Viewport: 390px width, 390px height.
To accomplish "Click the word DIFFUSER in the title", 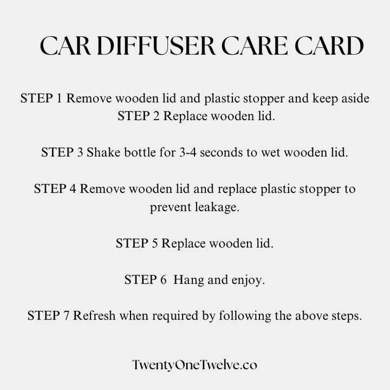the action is click(156, 45).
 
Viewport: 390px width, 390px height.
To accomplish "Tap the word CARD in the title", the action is click(329, 45).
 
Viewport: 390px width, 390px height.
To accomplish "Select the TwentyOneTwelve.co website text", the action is click(195, 365).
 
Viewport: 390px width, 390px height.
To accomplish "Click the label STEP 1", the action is click(41, 98).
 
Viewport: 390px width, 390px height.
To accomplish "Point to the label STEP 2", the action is click(138, 116).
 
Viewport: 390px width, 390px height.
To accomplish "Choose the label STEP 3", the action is click(62, 152).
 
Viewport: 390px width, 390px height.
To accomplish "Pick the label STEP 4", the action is click(55, 188).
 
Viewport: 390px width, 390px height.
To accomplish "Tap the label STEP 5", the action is click(137, 243).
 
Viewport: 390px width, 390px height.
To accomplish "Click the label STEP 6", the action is click(146, 279).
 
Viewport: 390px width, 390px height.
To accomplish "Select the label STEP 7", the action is click(48, 316).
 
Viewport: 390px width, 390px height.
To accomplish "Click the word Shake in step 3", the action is click(103, 152).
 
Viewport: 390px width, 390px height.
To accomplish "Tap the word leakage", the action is click(217, 207).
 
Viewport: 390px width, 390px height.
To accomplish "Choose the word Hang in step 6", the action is click(188, 280).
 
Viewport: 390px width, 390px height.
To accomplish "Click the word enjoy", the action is click(248, 280).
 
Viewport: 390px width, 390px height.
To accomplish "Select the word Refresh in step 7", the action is click(94, 316).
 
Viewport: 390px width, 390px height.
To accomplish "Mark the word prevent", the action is click(171, 207).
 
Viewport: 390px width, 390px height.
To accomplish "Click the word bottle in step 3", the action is click(140, 152).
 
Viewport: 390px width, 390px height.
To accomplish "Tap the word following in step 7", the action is click(245, 316).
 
